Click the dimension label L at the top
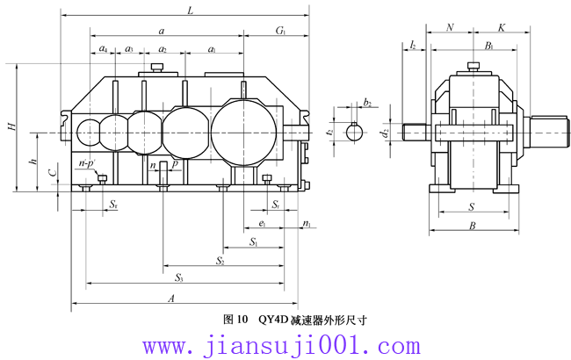click(x=190, y=11)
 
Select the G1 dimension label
click(x=280, y=30)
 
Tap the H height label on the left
click(x=12, y=126)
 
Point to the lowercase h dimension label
click(x=33, y=160)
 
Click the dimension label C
click(x=54, y=173)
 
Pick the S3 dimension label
click(x=178, y=277)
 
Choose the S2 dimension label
click(x=220, y=261)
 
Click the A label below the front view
click(x=171, y=299)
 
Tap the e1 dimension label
click(x=262, y=223)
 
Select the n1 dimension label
click(x=307, y=224)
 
